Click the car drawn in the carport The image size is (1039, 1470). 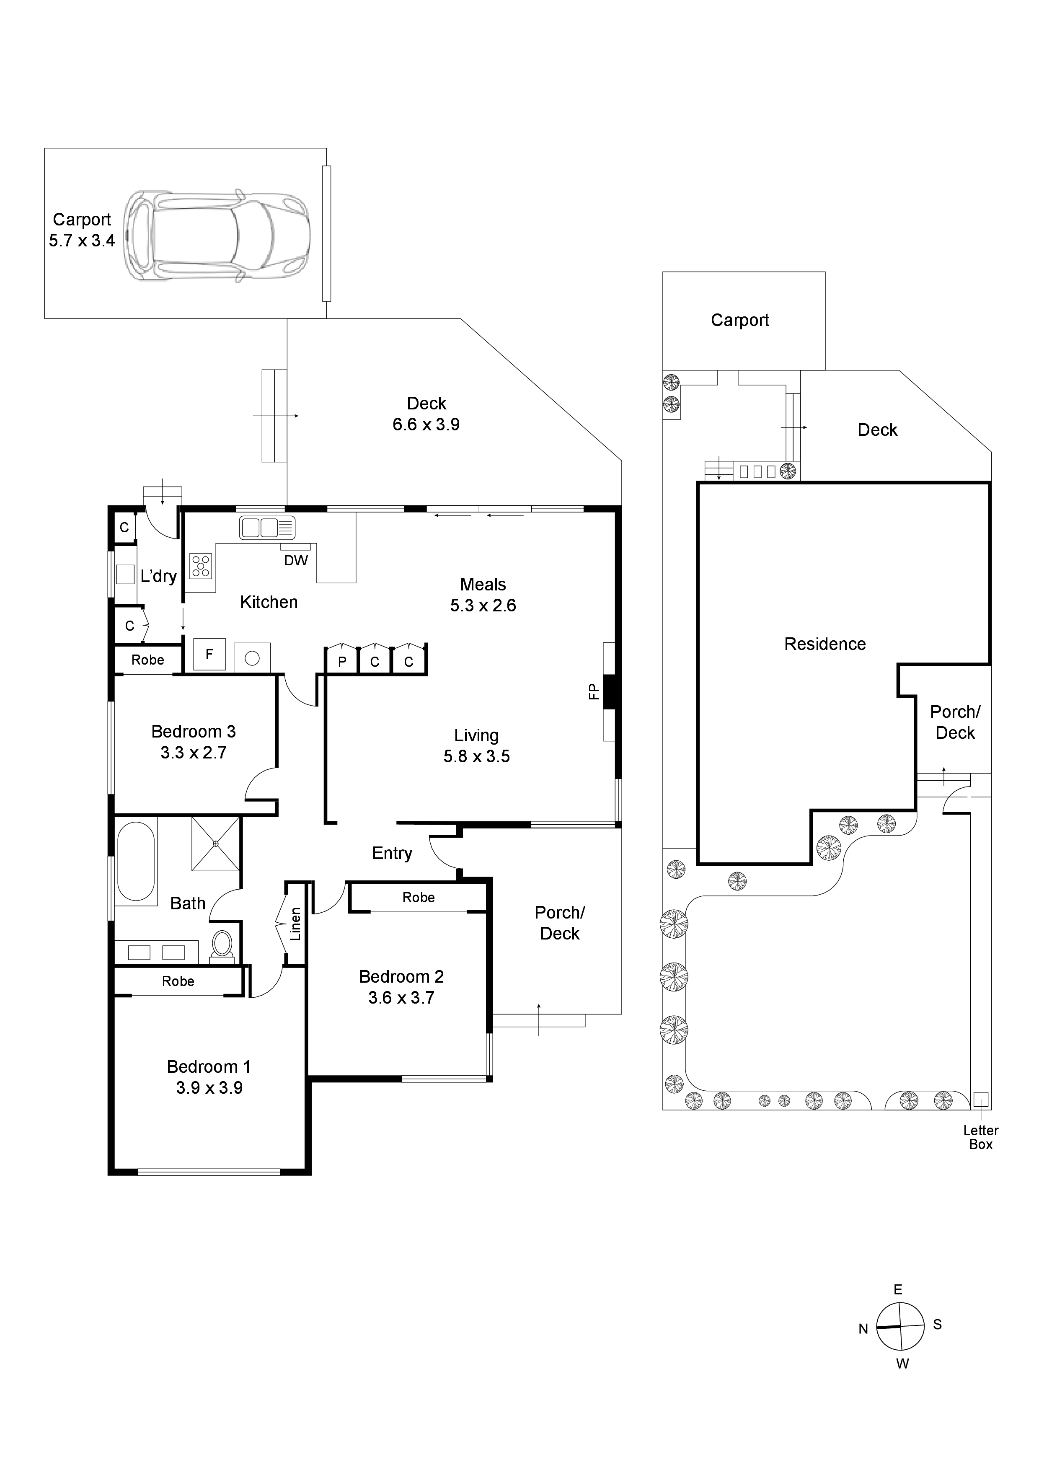click(x=218, y=235)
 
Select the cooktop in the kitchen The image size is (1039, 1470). click(x=200, y=566)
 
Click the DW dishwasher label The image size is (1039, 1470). click(x=296, y=561)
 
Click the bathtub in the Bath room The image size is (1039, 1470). click(x=136, y=862)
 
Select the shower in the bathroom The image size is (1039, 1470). click(x=216, y=844)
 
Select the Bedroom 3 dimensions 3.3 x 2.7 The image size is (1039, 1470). click(x=193, y=752)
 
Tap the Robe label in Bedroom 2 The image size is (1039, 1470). click(x=418, y=898)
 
